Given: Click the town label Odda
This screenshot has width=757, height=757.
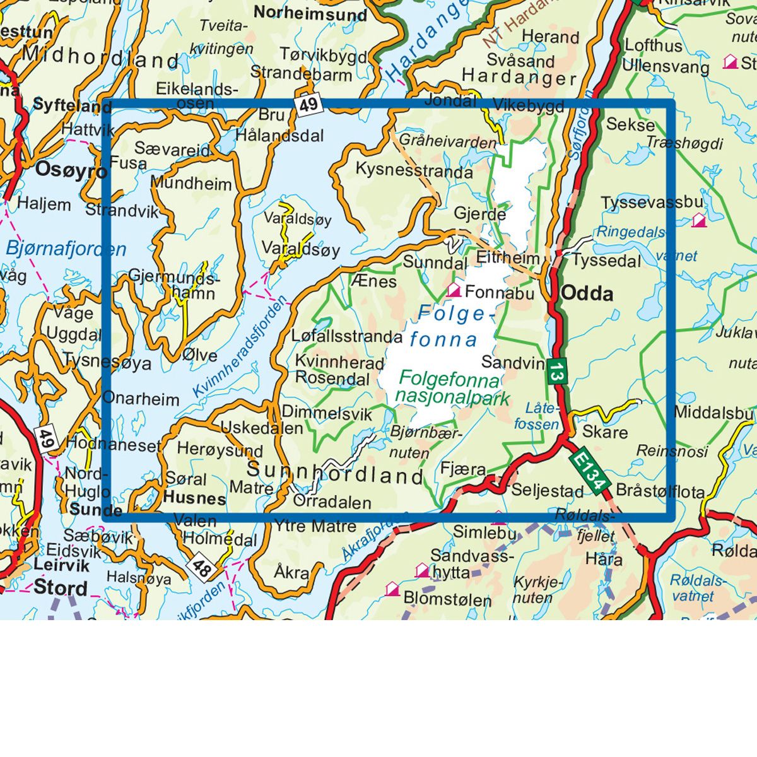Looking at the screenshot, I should [587, 293].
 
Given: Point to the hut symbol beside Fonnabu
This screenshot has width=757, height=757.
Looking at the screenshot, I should [453, 290].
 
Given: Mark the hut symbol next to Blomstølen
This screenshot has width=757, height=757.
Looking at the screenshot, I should [392, 589].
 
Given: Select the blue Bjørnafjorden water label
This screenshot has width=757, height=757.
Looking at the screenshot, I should [66, 249].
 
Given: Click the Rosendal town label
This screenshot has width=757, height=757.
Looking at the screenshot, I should [332, 379].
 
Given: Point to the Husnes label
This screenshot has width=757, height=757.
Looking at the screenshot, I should [194, 498].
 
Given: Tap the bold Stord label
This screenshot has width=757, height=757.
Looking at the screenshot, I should [61, 587].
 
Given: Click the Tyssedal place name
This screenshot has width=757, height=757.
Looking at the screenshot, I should [606, 261].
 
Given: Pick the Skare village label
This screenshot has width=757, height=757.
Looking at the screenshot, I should [604, 432].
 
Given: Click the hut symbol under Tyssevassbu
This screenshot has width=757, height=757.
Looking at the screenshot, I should [698, 220].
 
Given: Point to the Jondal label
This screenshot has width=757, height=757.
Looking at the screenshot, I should [450, 101].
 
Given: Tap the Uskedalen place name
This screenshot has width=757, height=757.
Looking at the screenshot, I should [261, 428].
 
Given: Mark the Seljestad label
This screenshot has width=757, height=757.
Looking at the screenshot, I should [547, 490].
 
